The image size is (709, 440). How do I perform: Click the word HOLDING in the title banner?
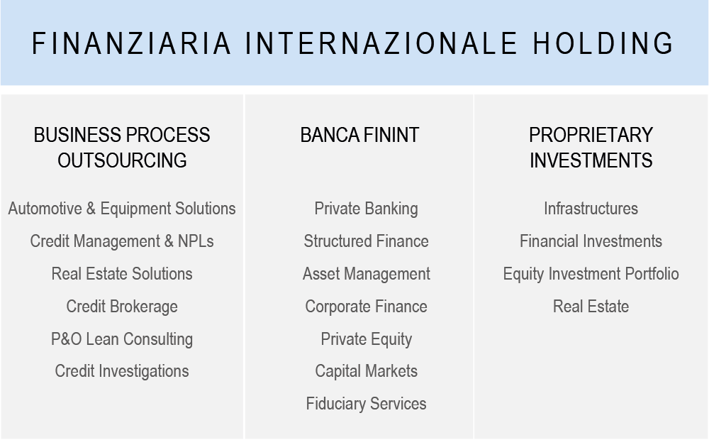[x=603, y=43]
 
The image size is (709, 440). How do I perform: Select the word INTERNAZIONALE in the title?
[x=381, y=43]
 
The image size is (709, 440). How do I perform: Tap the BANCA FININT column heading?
[x=360, y=135]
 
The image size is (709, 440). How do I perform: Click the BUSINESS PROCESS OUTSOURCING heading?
[x=122, y=148]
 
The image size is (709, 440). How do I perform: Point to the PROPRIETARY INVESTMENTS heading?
[x=591, y=148]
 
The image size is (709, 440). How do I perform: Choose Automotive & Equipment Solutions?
[x=122, y=209]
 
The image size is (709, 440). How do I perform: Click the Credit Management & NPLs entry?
[x=122, y=241]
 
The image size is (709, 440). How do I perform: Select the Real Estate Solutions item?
[x=122, y=274]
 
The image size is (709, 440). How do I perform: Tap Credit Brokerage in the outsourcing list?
[x=122, y=307]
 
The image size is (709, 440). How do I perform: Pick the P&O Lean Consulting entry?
[x=122, y=339]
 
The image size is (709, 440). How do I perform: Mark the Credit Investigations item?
[x=122, y=371]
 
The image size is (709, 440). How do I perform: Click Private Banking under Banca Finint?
[x=367, y=209]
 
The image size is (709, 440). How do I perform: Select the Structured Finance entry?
[x=367, y=241]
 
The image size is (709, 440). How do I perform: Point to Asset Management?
[x=367, y=274]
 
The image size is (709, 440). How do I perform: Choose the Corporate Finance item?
[x=367, y=307]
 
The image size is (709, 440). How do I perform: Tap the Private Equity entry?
[x=367, y=339]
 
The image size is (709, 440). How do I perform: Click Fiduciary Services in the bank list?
[x=367, y=404]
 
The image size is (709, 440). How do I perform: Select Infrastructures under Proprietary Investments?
[x=591, y=209]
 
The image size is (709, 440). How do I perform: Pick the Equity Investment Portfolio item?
[x=591, y=274]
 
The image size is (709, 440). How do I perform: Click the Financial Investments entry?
[x=591, y=241]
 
